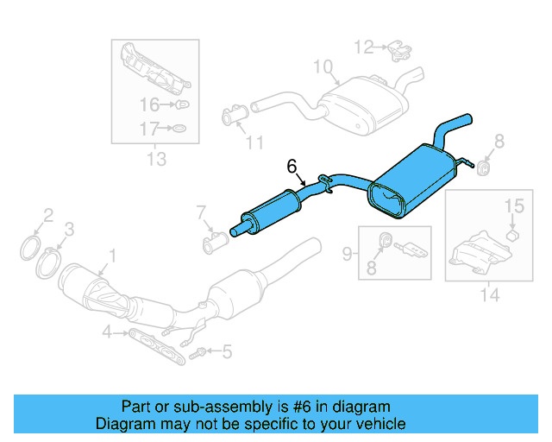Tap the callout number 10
coord(322,66)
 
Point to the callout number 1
coord(110,255)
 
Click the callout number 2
coord(48,215)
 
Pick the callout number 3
coord(70,228)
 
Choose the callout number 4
coord(107,331)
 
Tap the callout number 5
coord(227,351)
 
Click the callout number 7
coord(201,211)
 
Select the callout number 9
coord(347,253)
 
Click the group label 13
coord(156,159)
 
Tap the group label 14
coord(489,295)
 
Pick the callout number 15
coord(513,205)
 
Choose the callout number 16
coord(149,105)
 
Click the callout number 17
coord(149,129)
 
